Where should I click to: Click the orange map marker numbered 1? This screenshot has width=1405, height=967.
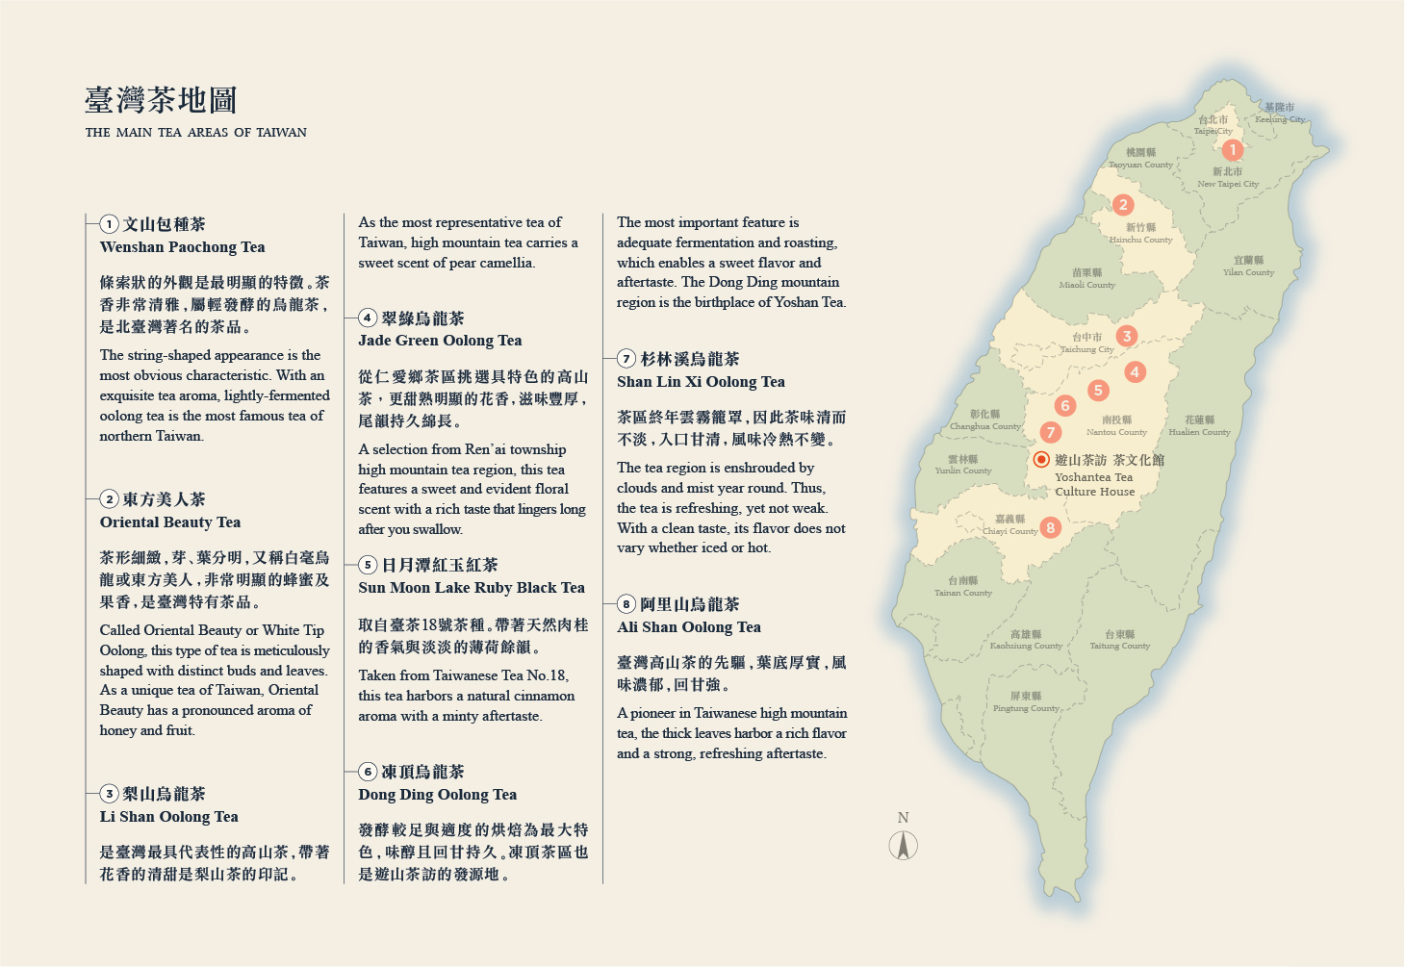point(1232,149)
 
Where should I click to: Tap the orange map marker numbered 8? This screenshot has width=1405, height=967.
point(1050,527)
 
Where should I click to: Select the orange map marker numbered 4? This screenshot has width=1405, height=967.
point(1136,372)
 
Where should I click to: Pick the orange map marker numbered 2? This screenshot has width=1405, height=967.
point(1122,205)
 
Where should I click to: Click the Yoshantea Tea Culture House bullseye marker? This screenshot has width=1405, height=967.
point(1040,460)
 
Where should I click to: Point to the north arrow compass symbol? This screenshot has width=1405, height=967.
point(903,846)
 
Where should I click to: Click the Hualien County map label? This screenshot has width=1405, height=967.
point(1199,426)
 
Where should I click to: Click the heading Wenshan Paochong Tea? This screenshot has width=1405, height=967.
point(182,247)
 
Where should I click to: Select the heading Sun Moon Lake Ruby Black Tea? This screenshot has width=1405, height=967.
point(472,588)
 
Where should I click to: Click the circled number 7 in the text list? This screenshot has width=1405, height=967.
point(626,359)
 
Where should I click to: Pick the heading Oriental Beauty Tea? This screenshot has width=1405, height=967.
point(170,522)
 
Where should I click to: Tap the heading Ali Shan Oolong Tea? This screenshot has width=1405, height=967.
point(689,627)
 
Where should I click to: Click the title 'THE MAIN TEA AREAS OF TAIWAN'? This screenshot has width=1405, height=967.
point(196,133)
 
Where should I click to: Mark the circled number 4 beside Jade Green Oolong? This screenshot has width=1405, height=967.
point(368,318)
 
